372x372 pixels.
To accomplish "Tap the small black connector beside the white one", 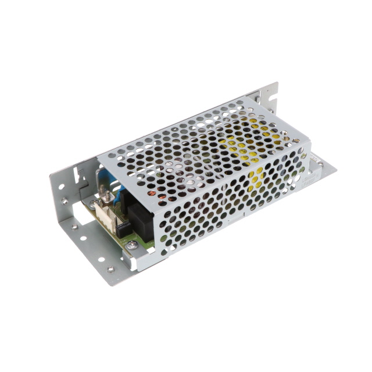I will (x=123, y=228).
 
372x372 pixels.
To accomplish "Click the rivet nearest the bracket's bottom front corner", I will (x=110, y=269).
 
